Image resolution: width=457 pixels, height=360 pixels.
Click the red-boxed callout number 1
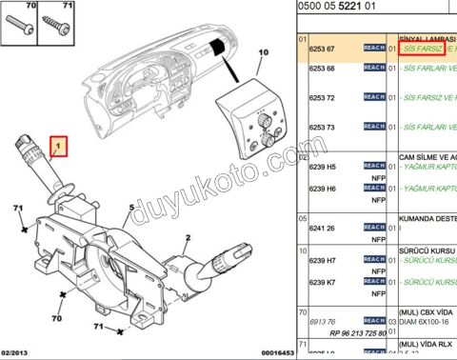click(x=59, y=147)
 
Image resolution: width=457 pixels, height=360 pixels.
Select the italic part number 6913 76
click(x=328, y=321)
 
